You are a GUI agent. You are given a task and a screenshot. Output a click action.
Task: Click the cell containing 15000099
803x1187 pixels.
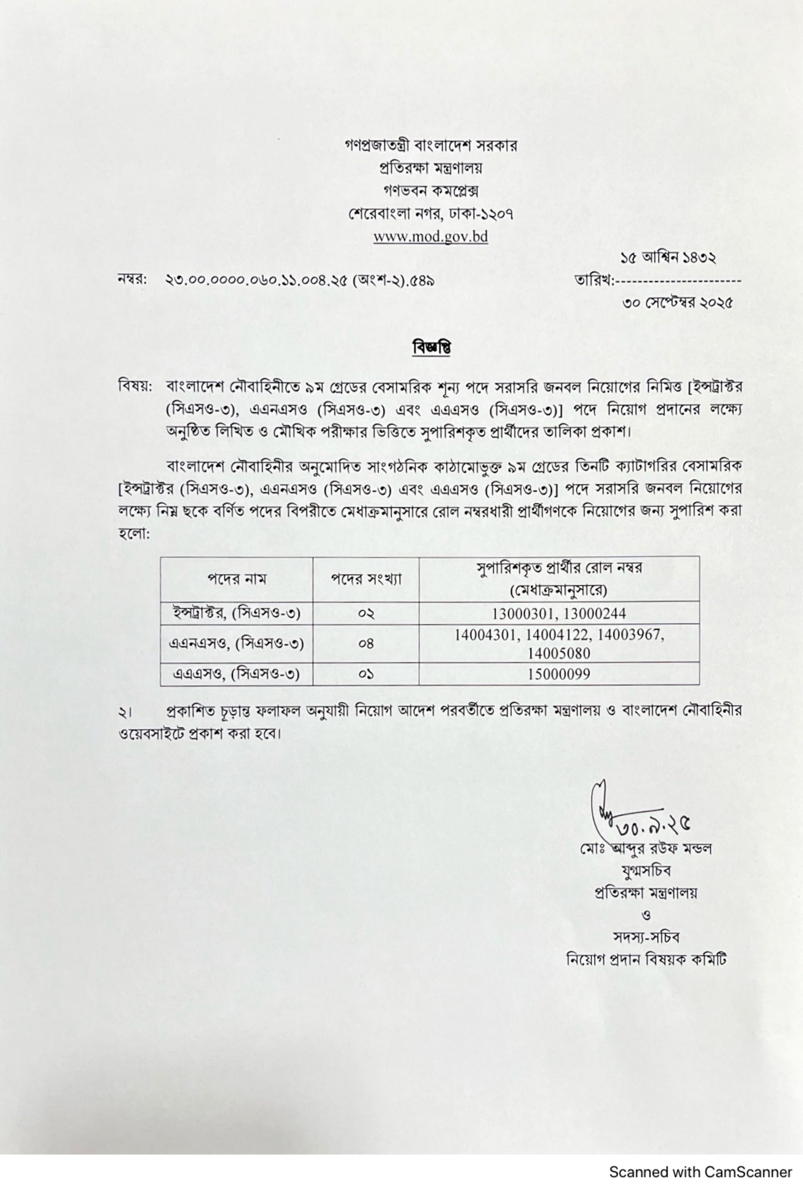(559, 674)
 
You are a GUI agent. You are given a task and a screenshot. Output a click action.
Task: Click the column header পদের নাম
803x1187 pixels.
(237, 579)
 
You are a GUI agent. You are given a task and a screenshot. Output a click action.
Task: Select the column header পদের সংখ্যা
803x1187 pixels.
(366, 579)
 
